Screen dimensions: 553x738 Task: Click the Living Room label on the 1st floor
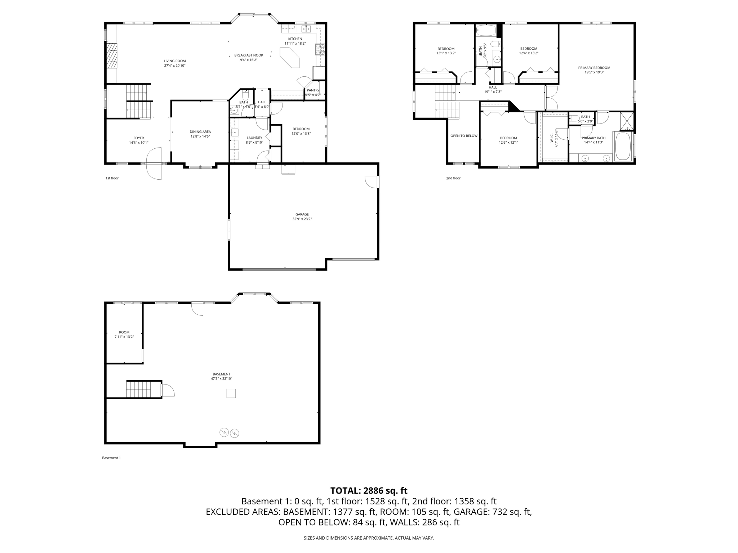175,61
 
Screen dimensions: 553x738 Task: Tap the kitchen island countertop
289,58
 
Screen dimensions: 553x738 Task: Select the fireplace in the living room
113,55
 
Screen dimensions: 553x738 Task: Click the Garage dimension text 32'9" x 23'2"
302,219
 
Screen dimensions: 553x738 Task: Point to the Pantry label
313,90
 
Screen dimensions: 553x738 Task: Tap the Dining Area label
200,132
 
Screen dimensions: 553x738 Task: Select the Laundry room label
254,138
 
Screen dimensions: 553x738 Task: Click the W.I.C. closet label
552,138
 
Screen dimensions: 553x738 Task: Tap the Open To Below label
464,136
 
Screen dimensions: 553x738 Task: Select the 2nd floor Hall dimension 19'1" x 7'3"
493,92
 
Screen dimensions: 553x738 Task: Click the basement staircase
138,389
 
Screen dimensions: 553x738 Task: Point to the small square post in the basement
231,394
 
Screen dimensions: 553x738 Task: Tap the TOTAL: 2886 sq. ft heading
369,491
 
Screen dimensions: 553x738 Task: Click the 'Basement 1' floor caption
111,458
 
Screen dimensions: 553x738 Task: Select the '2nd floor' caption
453,178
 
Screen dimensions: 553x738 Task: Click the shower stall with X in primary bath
627,121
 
